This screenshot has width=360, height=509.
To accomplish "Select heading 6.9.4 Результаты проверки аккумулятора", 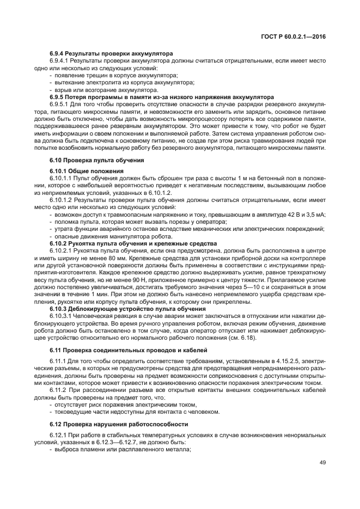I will click(111, 53).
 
